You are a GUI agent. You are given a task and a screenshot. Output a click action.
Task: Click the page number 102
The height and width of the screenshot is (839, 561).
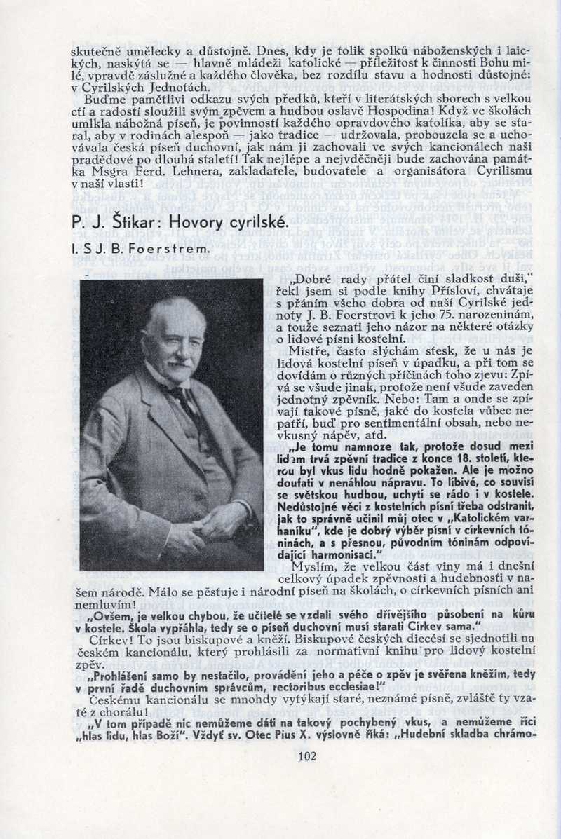307,756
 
